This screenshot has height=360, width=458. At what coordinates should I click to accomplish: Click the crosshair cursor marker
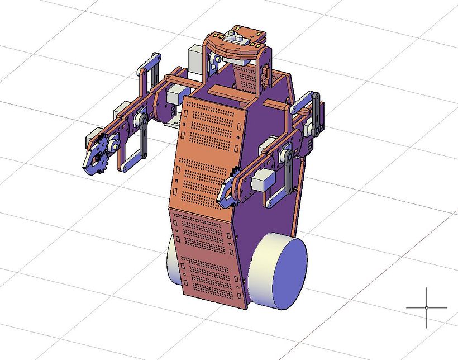click(427, 307)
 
